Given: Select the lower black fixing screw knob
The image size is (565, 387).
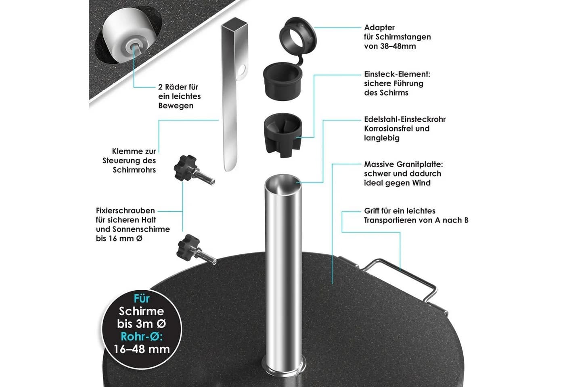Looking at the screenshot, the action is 189,248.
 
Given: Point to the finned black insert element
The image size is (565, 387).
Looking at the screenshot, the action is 283,135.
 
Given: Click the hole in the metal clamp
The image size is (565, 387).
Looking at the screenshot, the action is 241,70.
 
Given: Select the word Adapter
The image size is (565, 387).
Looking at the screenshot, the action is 379,27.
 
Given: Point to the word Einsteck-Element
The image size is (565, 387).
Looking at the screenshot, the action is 397,74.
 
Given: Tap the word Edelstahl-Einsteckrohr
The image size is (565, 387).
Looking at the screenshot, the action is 405,119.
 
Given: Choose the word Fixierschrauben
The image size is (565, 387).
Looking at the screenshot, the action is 126,210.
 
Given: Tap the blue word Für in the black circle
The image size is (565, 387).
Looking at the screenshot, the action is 142,299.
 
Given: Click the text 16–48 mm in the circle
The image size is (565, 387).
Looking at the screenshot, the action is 142,349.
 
